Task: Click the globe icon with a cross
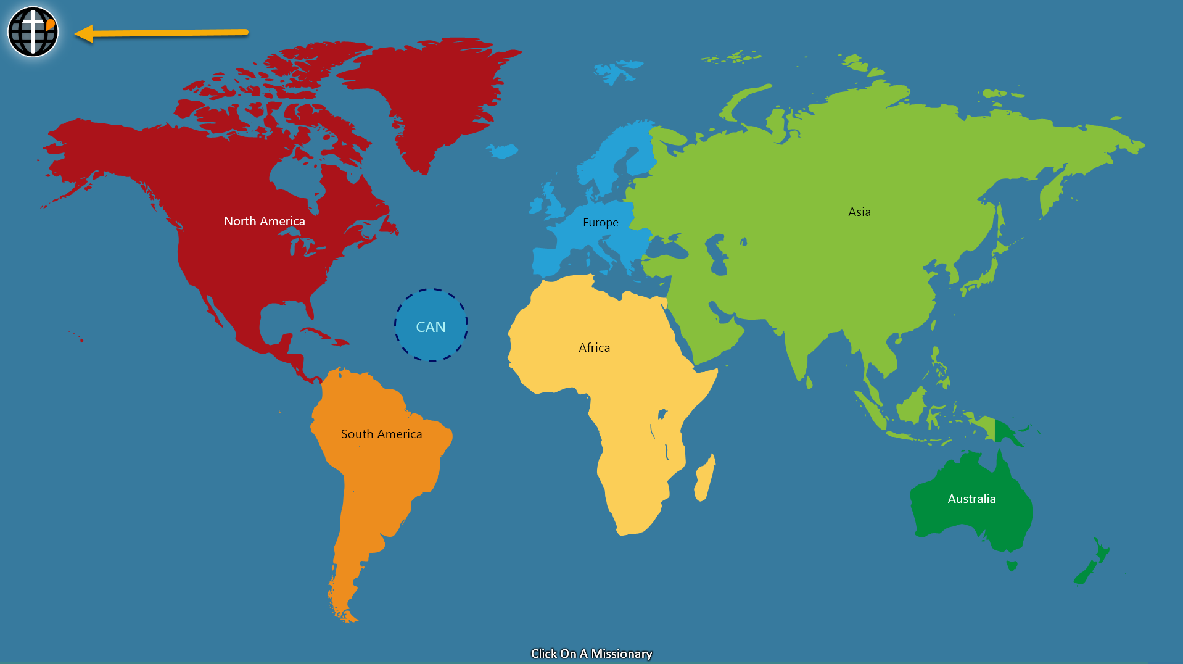[33, 31]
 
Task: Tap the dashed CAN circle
[431, 325]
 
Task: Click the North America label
[264, 221]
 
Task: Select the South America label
[381, 434]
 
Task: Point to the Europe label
[600, 222]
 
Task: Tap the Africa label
[594, 347]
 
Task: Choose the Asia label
[859, 212]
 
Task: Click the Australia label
[971, 499]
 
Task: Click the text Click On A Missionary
[591, 654]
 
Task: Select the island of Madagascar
[704, 478]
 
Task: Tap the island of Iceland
[503, 150]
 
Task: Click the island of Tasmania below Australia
[1012, 565]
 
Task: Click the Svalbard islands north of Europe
[617, 72]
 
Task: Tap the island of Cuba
[324, 335]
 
